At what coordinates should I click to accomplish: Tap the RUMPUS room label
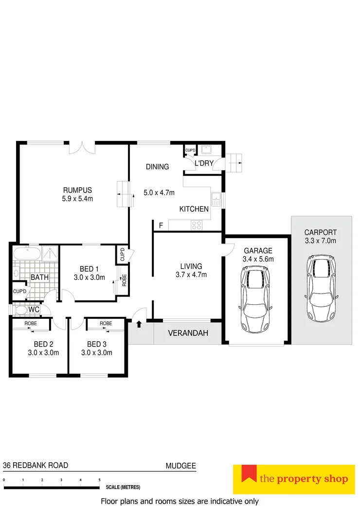click(77, 190)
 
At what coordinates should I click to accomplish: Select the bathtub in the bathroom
click(27, 254)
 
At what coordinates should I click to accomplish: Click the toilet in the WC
click(22, 310)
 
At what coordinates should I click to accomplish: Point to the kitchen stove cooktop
click(197, 225)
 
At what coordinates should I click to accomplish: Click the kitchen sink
click(216, 198)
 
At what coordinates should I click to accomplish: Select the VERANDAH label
click(187, 333)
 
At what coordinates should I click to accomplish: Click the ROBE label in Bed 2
click(32, 323)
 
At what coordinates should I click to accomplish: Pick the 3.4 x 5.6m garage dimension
click(258, 259)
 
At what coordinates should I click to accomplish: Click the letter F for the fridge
click(161, 225)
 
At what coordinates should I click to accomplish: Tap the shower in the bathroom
click(50, 254)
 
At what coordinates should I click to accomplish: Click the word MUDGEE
click(181, 465)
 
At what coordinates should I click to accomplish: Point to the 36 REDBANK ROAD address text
click(36, 465)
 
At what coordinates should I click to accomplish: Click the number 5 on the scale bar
click(99, 480)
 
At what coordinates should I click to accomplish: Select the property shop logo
click(291, 479)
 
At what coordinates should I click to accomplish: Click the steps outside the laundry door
click(234, 161)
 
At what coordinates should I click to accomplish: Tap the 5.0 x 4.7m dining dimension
click(159, 192)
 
